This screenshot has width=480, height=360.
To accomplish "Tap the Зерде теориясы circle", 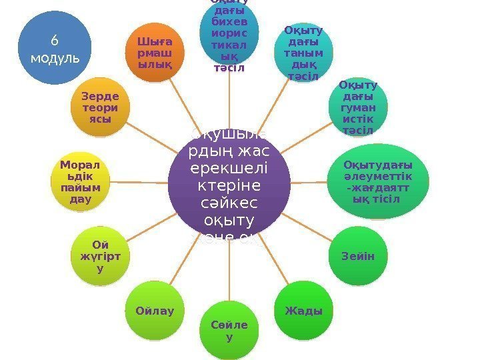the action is coord(100,106).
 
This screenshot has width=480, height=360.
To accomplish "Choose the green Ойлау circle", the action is coord(154,311).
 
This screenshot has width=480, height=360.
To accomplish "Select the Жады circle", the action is coord(303,311).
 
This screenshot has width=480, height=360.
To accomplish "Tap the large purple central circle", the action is coord(229,181).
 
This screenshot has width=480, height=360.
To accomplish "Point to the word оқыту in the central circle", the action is coord(229,221).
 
